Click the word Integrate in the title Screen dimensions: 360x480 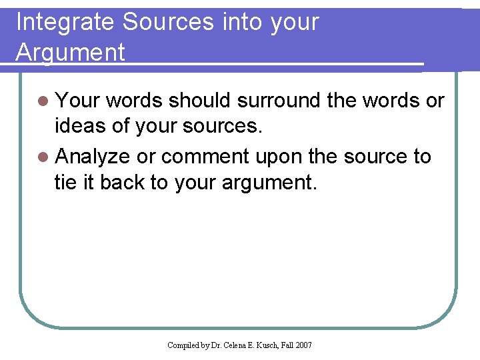[65, 23]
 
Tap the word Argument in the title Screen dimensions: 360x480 [70, 52]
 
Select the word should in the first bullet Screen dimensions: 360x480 [199, 101]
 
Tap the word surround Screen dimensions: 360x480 [279, 101]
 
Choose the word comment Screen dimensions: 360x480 [205, 157]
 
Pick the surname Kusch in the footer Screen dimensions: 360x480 [269, 345]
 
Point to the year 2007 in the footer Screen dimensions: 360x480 [303, 345]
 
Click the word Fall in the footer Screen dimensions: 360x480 [287, 345]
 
